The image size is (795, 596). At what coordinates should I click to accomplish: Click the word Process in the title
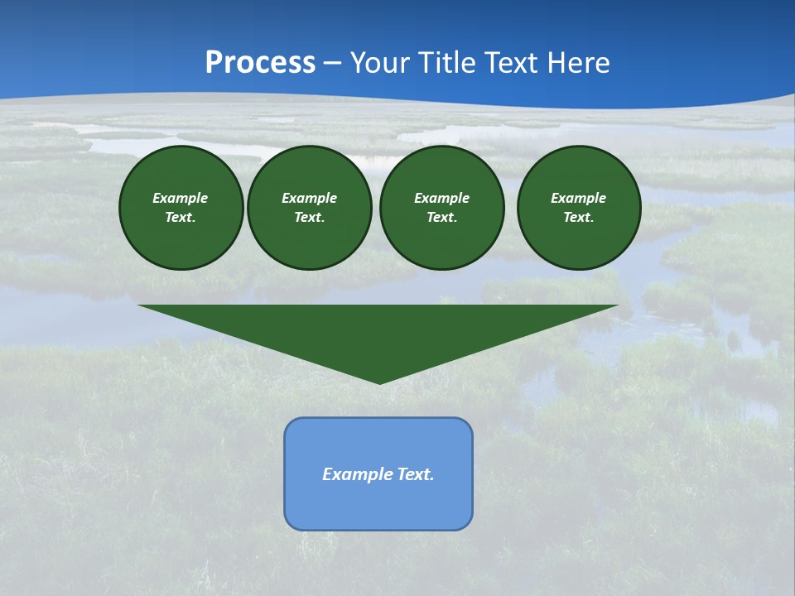260,63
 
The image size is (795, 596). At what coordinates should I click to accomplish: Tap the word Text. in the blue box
415,474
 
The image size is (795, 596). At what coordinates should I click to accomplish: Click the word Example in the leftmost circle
181,198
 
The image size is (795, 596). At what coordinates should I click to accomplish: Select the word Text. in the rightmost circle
578,217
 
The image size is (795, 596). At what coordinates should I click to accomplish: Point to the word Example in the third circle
441,198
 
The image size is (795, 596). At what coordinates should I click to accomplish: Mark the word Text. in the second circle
309,217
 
